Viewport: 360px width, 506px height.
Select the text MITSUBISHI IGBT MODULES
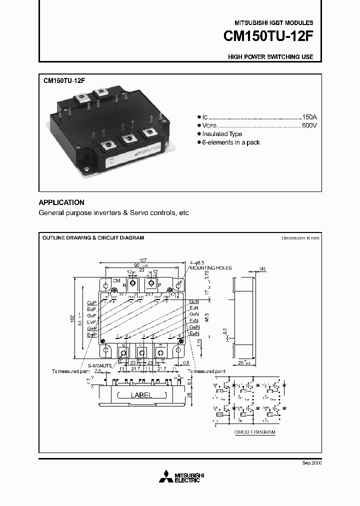pos(274,23)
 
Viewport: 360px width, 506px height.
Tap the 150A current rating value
pos(309,115)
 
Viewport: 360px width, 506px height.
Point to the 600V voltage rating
pos(309,125)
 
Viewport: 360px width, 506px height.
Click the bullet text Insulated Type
pos(222,134)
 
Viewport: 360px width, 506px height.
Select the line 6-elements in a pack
pos(231,142)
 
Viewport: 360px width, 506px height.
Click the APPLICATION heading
pos(61,202)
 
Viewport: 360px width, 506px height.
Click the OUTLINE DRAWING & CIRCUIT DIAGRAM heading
pos(93,238)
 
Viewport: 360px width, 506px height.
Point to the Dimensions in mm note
pos(300,238)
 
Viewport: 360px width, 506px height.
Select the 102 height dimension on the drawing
pos(72,318)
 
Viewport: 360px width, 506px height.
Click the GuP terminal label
pos(91,303)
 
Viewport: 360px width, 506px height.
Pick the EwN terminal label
pos(194,333)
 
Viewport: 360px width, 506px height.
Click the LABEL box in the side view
pos(141,395)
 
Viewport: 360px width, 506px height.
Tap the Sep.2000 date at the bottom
pos(312,463)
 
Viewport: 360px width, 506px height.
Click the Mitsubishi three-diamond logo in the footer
pos(164,477)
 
